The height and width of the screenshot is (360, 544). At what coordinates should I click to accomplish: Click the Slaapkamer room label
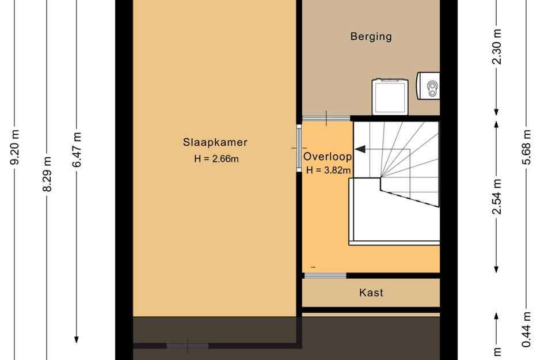pos(215,142)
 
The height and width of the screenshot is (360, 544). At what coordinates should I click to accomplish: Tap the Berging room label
pos(371,36)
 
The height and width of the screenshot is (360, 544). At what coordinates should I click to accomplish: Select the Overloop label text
pos(328,157)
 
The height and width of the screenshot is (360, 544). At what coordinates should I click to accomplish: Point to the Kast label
pos(371,293)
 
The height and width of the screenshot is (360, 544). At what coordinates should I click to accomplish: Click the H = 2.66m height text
pos(216,159)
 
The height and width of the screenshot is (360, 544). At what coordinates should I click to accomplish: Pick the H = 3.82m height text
pos(328,170)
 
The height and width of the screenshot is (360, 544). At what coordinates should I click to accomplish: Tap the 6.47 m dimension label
pos(77,150)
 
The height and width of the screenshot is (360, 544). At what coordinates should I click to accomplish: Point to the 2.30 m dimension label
pos(496,47)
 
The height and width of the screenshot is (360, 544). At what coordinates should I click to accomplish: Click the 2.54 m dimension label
pos(496,196)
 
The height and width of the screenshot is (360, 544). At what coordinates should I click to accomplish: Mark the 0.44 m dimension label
pos(527,329)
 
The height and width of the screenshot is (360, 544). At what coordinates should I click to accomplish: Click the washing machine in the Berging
pos(390,97)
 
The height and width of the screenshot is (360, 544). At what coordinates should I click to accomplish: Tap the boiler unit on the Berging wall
pos(428,86)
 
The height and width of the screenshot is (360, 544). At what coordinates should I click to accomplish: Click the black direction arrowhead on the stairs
pos(360,149)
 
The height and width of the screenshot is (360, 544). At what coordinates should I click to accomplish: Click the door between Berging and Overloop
pos(326,119)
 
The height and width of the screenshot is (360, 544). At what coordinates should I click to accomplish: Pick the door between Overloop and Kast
pos(325,276)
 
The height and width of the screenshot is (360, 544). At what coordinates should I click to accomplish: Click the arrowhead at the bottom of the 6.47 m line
pos(77,339)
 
